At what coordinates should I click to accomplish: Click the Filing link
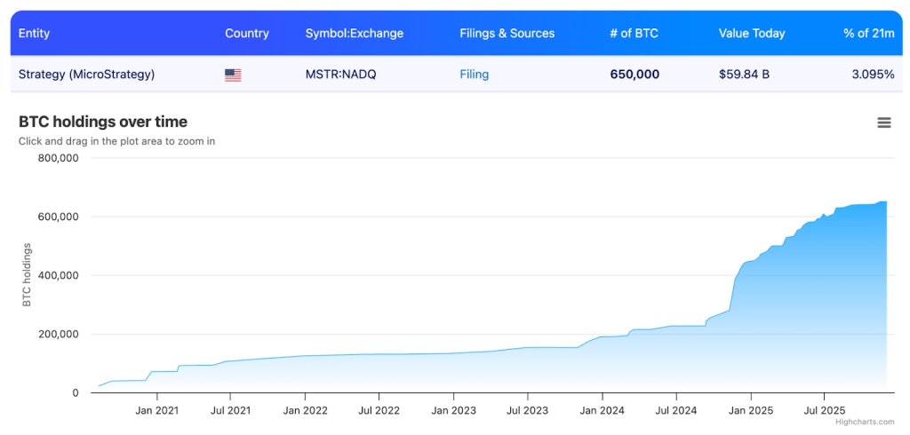(474, 75)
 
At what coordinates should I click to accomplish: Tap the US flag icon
(233, 75)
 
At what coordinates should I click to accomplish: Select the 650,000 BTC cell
(635, 75)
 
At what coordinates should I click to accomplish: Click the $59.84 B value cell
(744, 75)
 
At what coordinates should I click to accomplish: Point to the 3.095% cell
(872, 75)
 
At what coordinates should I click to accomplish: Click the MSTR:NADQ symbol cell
(340, 75)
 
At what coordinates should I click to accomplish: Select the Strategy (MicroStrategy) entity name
(86, 75)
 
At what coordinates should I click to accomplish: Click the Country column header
(246, 34)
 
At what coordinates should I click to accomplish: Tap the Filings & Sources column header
(507, 34)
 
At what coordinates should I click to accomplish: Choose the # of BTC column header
(634, 34)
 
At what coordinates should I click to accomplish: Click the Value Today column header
(752, 34)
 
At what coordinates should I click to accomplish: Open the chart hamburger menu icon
(883, 123)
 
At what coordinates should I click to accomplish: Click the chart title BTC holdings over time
(103, 122)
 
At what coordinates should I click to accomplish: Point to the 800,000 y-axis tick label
(58, 158)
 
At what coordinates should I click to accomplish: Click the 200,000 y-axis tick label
(58, 334)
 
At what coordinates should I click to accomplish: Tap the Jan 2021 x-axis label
(156, 410)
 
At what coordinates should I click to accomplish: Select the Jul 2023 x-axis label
(527, 410)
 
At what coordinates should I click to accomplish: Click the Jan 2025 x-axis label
(750, 410)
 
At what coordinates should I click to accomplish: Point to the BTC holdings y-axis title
(27, 274)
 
